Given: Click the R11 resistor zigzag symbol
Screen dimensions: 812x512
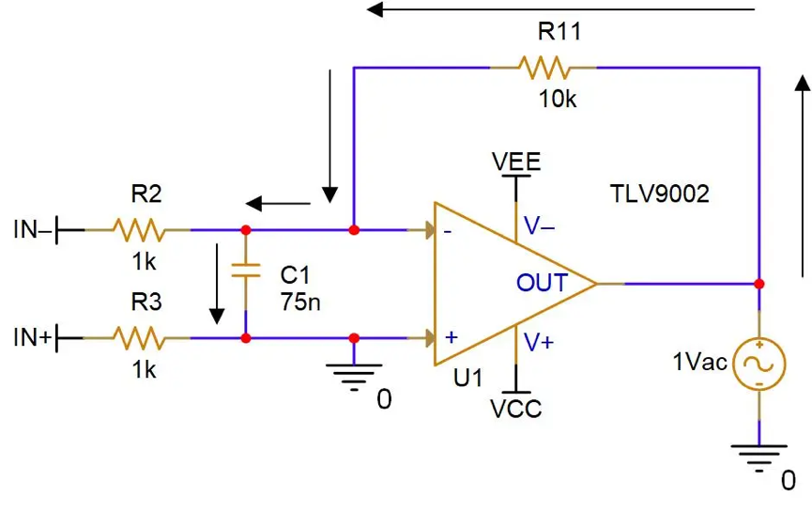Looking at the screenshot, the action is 544,68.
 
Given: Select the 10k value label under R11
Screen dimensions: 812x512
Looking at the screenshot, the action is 558,99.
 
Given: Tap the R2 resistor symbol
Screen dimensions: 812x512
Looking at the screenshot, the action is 139,229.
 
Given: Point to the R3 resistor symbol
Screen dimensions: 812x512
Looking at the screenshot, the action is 139,338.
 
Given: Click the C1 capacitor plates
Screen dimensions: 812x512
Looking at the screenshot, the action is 245,270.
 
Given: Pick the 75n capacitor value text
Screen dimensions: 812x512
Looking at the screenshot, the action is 300,302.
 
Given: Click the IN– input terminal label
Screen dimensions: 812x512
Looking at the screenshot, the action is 33,229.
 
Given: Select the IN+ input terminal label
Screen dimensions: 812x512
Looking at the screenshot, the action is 33,337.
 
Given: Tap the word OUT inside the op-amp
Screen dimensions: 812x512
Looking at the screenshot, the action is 543,283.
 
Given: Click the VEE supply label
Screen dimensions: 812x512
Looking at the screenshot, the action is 516,162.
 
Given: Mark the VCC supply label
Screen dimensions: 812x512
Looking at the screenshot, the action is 515,409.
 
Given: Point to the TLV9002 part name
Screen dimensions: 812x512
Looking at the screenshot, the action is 660,194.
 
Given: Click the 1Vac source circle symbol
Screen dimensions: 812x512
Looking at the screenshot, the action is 759,365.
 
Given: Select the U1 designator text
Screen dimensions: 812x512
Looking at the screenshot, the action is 467,378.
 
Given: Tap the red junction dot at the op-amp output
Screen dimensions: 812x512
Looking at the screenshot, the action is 759,284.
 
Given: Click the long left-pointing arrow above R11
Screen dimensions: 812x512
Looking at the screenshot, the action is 560,9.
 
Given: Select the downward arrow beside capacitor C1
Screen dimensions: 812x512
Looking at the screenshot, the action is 217,284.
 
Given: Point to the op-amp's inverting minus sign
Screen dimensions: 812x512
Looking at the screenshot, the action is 448,232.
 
